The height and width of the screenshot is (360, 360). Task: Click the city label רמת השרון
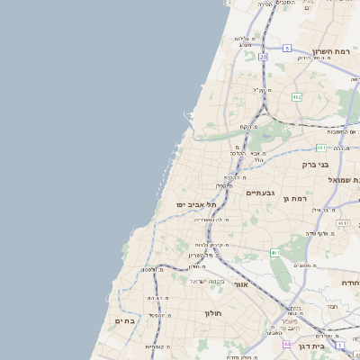[328, 51]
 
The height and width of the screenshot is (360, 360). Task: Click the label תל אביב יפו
[195, 205]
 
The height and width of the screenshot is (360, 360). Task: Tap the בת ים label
[124, 320]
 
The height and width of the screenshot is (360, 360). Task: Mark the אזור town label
[240, 284]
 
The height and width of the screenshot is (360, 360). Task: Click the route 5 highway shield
[287, 48]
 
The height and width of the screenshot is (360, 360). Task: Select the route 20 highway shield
[263, 57]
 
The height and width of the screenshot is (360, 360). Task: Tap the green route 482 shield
[296, 96]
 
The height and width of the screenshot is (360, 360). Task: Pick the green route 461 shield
[274, 254]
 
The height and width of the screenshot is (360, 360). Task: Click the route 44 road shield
[287, 344]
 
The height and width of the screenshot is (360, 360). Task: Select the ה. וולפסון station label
[153, 270]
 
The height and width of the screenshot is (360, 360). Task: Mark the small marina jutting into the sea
[187, 119]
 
